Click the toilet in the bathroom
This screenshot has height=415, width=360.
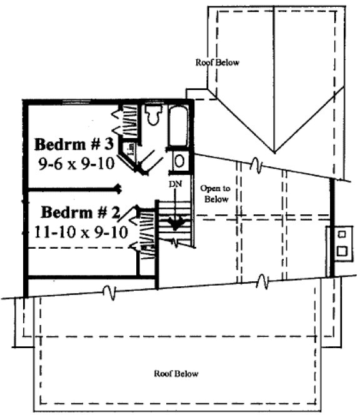[153, 115]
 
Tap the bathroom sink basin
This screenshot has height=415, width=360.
[179, 161]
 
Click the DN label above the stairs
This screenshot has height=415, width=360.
[176, 184]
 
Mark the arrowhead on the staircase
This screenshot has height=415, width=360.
[177, 223]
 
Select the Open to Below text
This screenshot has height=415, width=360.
[214, 192]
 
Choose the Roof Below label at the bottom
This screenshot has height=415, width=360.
[176, 373]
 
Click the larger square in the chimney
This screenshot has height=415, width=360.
[342, 251]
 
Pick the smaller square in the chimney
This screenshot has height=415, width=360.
[342, 234]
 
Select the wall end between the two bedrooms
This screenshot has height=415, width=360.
[118, 187]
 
